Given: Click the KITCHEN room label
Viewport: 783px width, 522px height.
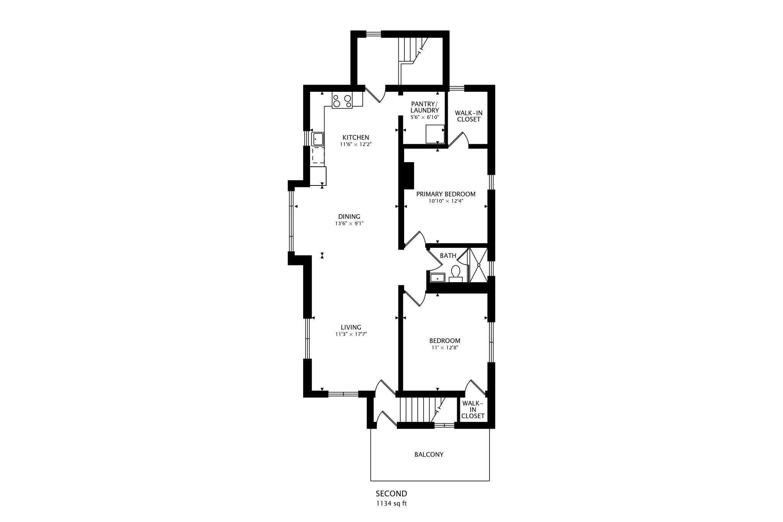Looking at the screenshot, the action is coord(356,137).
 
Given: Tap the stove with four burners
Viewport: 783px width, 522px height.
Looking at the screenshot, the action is coord(342,101).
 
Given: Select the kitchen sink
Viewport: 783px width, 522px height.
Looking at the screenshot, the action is coord(318,139).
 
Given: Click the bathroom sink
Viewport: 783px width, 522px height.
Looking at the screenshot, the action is coord(437,278).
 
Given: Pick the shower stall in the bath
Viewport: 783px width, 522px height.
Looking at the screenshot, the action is coord(478,265).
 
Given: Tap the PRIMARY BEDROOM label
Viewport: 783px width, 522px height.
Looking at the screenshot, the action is coord(446,194).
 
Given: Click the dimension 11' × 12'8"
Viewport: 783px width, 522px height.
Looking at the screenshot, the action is coord(444,348).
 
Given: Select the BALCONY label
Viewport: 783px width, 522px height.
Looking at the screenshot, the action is coord(429,454).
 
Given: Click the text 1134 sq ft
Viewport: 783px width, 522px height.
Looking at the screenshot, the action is coord(391,503).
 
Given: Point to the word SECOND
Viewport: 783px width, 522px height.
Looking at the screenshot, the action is coord(391,494).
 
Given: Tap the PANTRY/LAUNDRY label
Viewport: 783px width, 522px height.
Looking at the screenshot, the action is coord(424,107).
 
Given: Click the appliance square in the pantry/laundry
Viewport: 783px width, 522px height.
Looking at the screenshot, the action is coord(435,134).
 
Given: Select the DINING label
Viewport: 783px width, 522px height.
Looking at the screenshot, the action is coord(349,216).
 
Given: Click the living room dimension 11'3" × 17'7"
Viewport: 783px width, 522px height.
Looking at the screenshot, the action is coord(351,334).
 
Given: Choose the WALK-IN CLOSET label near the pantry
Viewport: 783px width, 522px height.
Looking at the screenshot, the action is coord(469,116).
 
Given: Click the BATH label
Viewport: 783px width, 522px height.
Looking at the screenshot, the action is coord(448,255).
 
